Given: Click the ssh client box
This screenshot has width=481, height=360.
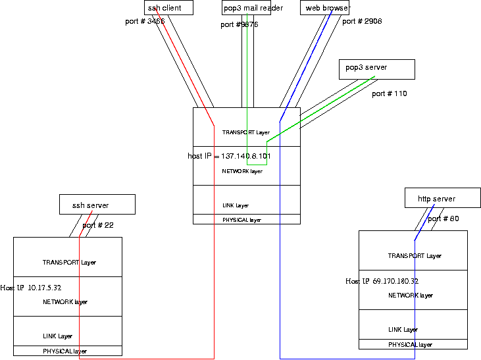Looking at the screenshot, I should [x=168, y=8].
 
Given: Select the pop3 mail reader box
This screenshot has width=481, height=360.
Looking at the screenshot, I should [x=246, y=8].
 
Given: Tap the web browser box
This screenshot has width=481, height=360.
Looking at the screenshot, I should [x=325, y=8].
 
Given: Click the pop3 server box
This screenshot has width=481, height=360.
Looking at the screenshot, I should [x=376, y=68].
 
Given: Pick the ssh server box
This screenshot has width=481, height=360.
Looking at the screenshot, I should [x=97, y=204].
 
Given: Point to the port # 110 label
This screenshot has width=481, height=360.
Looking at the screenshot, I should [x=390, y=94].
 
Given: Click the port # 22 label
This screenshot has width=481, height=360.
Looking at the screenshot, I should [x=98, y=226].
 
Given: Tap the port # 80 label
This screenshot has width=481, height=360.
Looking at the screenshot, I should [x=443, y=219].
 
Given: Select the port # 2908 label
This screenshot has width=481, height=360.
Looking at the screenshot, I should [x=362, y=22].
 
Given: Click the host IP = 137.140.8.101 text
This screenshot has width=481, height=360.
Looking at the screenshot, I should [x=230, y=157].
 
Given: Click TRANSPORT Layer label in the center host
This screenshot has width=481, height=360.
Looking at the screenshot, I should [x=246, y=133].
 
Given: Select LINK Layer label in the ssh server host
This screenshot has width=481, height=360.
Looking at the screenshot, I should [x=58, y=336].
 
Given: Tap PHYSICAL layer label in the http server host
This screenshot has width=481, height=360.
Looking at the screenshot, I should [x=410, y=345].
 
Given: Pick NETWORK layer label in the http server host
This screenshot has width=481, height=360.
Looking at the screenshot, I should [x=411, y=296].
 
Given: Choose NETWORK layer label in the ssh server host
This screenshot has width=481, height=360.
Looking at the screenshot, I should [x=65, y=303].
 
